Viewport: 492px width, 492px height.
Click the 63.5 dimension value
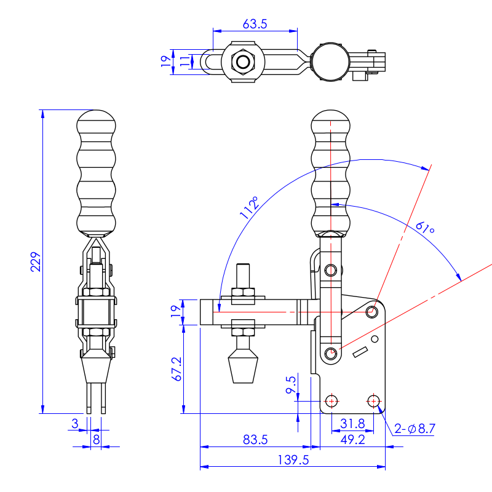tap(255, 24)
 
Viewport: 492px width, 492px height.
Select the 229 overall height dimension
tap(36, 262)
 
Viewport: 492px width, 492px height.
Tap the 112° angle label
tap(250, 207)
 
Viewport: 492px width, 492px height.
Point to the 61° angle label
tap(425, 228)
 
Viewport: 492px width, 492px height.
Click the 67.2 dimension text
tap(177, 369)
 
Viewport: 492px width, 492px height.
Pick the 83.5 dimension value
tap(255, 440)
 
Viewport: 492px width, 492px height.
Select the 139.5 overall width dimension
tap(293, 460)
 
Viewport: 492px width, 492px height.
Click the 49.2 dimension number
tap(352, 440)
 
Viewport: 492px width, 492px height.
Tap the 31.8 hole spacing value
tap(352, 424)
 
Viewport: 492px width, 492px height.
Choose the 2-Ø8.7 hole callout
tap(415, 428)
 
